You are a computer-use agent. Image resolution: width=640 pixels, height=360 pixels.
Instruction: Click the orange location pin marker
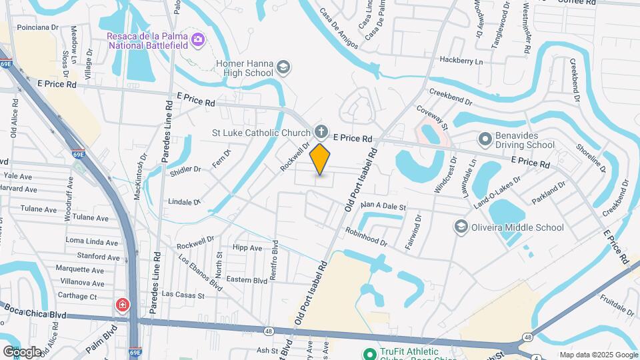tap(320, 159)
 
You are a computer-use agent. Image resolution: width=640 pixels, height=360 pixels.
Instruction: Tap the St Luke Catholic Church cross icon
tap(321, 131)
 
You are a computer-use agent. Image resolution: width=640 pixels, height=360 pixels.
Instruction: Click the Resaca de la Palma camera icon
tap(197, 39)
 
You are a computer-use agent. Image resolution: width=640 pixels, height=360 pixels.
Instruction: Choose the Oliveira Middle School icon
tap(461, 227)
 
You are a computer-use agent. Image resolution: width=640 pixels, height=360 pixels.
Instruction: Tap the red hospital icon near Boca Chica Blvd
tap(123, 306)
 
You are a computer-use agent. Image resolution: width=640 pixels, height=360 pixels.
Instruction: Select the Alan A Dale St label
tap(383, 207)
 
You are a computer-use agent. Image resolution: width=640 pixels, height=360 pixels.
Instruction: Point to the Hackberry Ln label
tap(461, 61)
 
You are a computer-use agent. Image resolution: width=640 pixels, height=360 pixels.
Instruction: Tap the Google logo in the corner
tap(21, 351)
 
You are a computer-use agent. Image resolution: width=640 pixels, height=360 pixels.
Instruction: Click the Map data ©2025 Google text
tap(598, 355)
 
